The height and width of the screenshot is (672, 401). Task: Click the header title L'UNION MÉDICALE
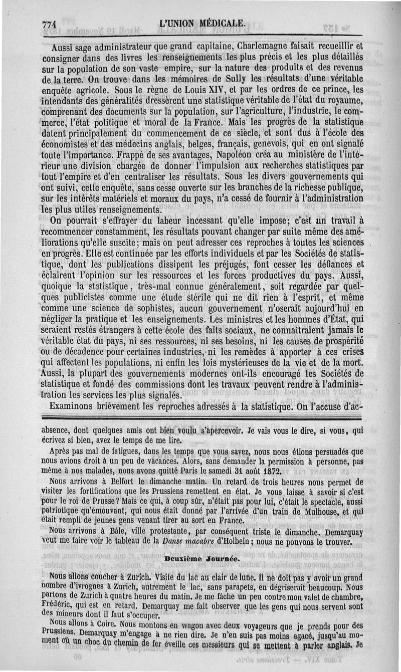coord(202,23)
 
